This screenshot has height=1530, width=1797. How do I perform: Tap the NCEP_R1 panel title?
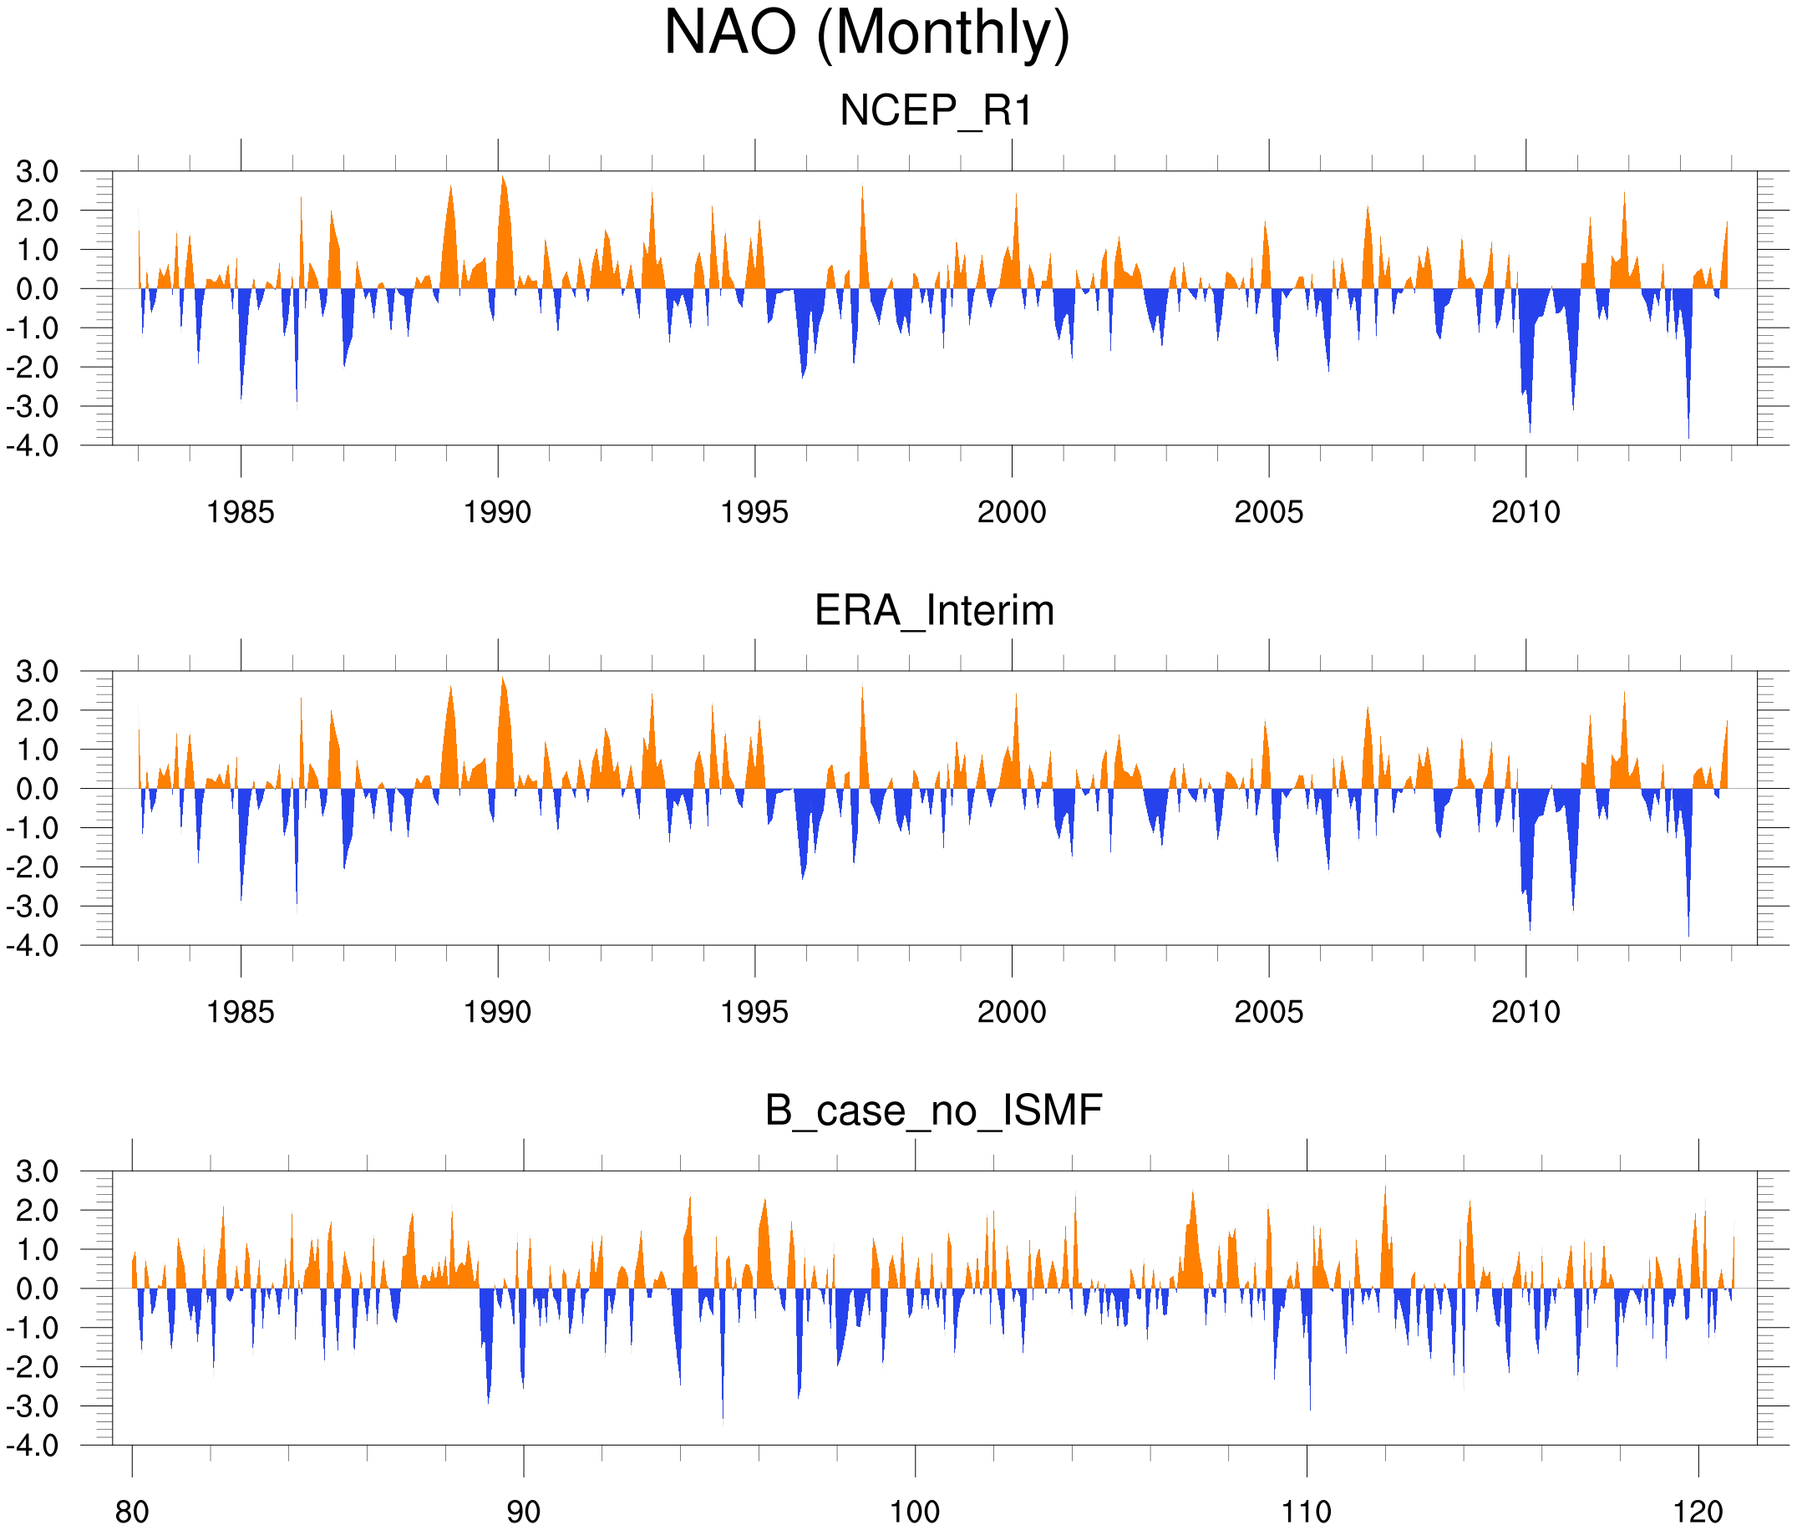tap(936, 111)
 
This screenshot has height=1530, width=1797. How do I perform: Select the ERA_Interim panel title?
tap(934, 611)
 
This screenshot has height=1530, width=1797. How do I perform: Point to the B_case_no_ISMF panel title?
tap(933, 1111)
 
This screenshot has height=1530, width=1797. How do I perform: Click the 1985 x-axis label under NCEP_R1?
tap(241, 512)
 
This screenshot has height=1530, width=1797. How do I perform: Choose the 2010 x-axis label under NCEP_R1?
tap(1525, 512)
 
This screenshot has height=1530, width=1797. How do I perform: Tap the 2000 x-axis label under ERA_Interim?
tap(1011, 1012)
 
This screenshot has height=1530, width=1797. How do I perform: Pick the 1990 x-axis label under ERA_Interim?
tap(497, 1012)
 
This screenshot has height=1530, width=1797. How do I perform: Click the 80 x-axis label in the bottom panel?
tap(132, 1512)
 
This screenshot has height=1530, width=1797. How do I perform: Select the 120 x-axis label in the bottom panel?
tap(1698, 1512)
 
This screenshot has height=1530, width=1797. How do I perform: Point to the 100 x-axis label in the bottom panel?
tap(915, 1512)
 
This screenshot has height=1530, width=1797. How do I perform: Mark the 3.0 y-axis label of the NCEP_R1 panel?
tap(38, 172)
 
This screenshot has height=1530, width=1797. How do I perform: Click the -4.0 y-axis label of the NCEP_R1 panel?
tap(33, 446)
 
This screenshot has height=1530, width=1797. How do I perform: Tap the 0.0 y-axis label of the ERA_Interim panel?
tap(38, 790)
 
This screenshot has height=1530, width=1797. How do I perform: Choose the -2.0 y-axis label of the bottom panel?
tap(33, 1368)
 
